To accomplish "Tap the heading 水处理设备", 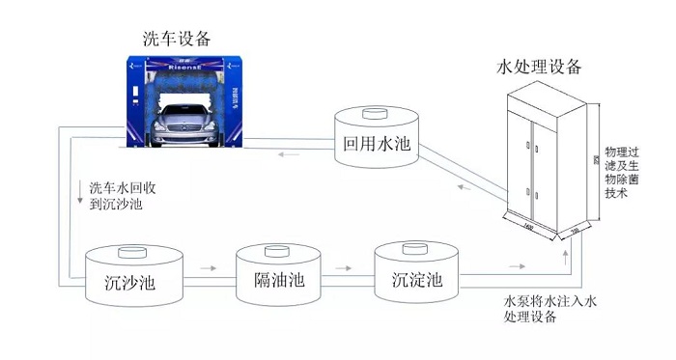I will point(540,67).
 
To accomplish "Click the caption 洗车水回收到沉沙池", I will point(115,196).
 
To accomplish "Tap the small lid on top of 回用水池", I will point(375,115).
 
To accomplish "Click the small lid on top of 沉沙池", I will point(129,254).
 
